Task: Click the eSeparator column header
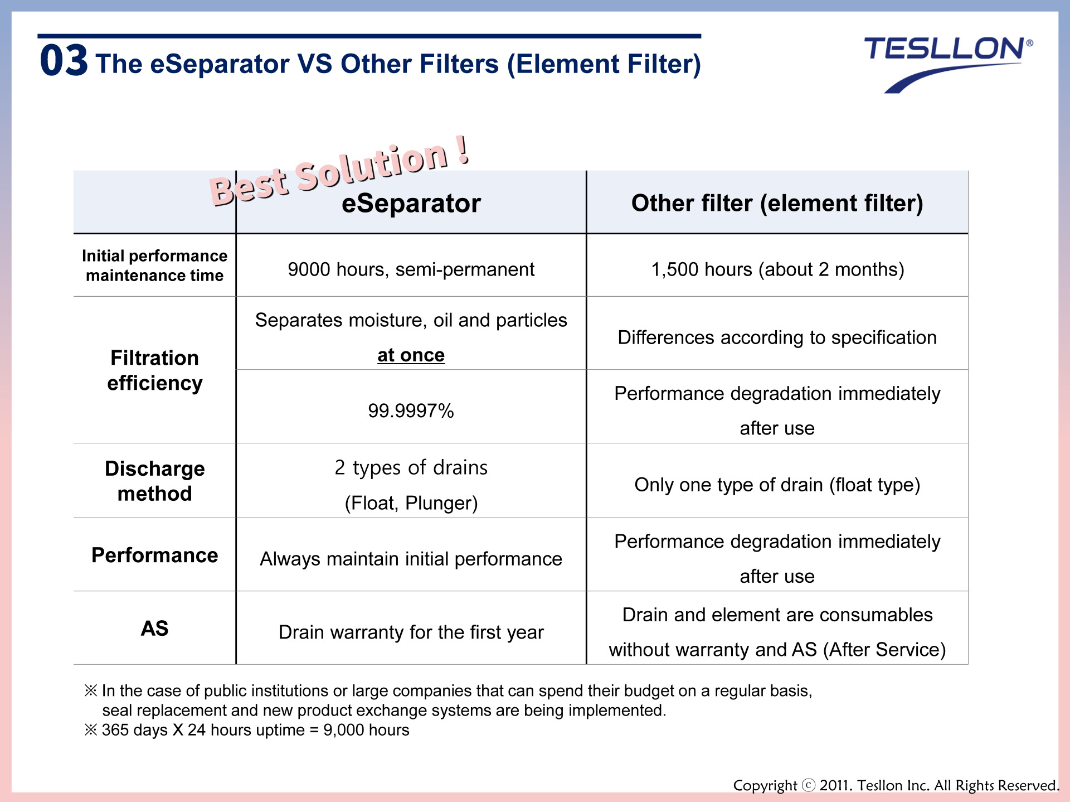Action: coord(411,203)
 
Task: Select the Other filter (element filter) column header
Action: coord(777,203)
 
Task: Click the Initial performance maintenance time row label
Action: coord(154,265)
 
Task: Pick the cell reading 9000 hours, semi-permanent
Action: coord(411,269)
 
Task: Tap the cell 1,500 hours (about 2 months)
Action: coord(777,269)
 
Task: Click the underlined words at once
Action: coord(411,355)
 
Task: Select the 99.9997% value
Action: coord(411,411)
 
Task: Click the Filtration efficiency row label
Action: coord(154,370)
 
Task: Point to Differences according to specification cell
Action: coord(777,338)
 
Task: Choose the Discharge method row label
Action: coord(154,481)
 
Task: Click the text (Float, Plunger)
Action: coord(411,503)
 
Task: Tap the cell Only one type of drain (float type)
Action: coord(777,485)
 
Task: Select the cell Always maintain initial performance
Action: coord(411,559)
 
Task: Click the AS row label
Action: coord(154,629)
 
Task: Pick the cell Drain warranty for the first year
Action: coord(411,632)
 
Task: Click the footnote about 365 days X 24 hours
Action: coord(246,730)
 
